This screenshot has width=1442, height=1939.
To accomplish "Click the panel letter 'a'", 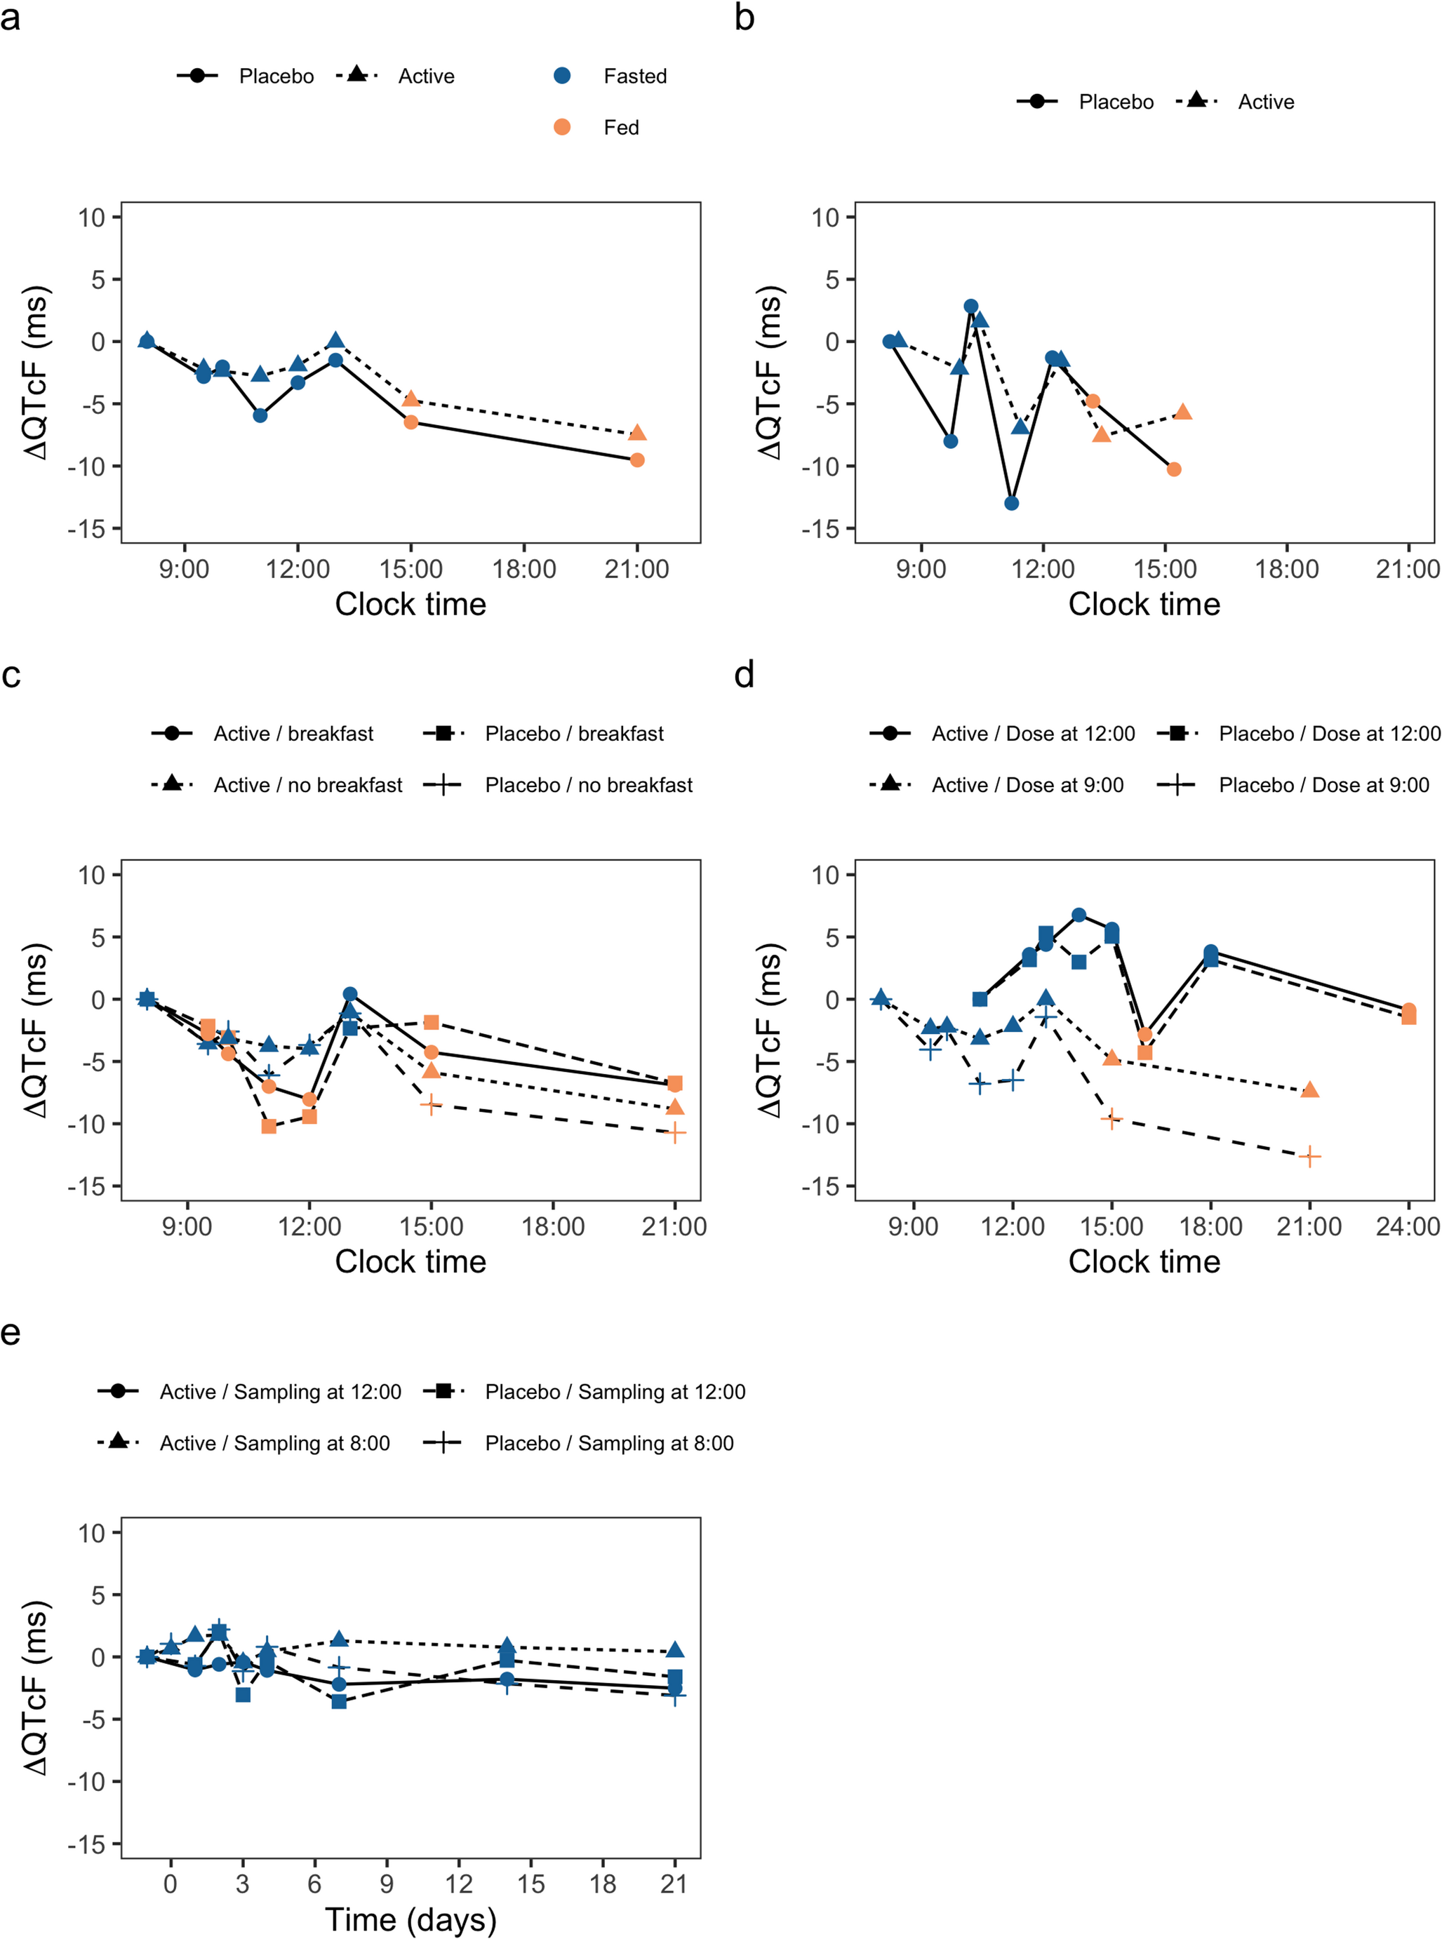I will coord(11,18).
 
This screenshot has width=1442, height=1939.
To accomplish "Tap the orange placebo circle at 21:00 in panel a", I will coord(637,460).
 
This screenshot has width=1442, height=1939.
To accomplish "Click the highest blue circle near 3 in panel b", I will coord(970,307).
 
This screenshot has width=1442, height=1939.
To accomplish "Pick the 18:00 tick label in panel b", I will coord(1287,569).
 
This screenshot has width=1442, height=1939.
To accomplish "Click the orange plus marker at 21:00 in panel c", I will coord(675,1133).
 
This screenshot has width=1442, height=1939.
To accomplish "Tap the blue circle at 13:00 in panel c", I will coord(350,993).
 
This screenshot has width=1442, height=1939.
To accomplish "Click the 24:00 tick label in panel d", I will coord(1407,1226).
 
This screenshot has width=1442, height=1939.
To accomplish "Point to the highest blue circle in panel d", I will coord(1079,915).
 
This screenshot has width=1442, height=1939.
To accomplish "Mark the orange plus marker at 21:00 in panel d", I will coord(1309,1156).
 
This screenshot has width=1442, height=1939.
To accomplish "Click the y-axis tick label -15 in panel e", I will coord(86,1844).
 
